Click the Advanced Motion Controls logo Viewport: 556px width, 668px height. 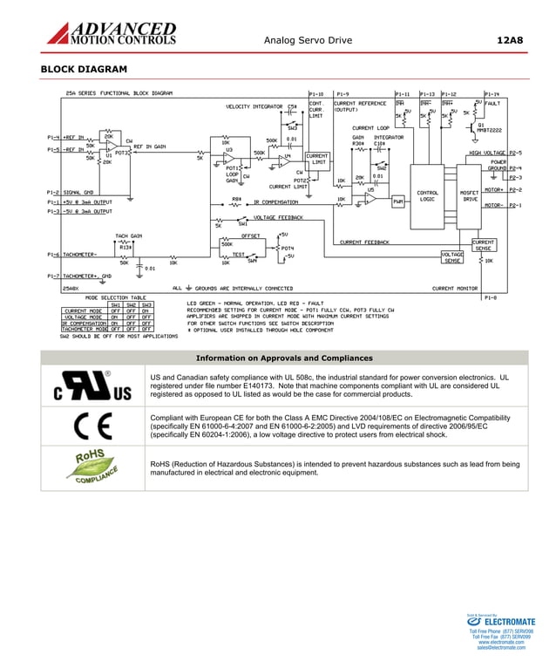[111, 34]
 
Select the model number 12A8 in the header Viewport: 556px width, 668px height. [509, 40]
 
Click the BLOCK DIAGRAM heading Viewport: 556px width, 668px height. [84, 70]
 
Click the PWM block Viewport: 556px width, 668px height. [398, 201]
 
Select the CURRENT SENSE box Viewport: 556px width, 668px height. [484, 245]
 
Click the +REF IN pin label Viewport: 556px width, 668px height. [73, 137]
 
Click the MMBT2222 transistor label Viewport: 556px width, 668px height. [491, 129]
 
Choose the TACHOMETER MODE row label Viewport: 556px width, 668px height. [84, 329]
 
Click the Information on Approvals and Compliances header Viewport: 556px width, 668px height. [284, 358]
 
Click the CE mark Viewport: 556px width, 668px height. [92, 426]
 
